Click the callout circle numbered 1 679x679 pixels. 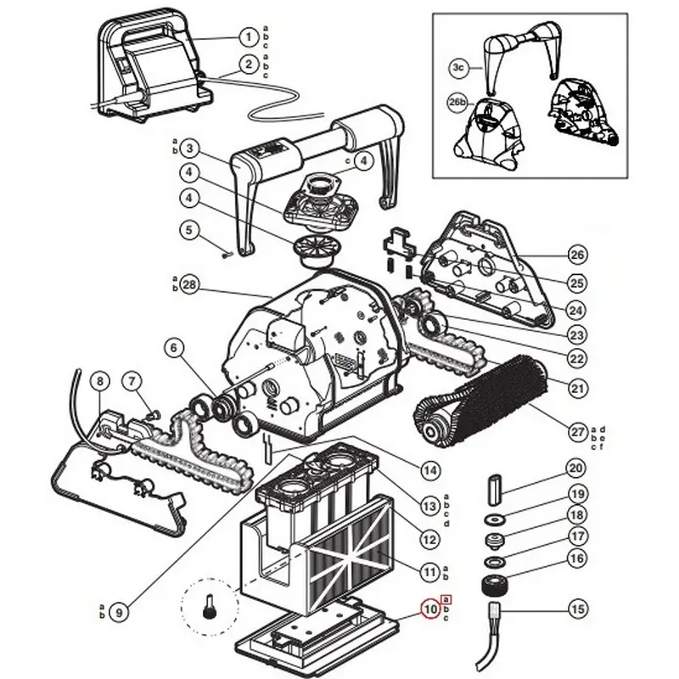[x=247, y=36]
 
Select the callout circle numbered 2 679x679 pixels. [x=247, y=64]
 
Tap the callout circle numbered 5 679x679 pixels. [x=189, y=229]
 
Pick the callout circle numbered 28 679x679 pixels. [x=189, y=286]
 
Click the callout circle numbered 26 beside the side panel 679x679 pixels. [x=577, y=255]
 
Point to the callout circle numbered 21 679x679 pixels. [x=577, y=389]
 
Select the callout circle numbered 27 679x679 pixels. [x=577, y=431]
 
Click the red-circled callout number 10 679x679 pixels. [x=430, y=609]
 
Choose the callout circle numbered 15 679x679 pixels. [x=577, y=609]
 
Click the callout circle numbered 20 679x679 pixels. [x=577, y=469]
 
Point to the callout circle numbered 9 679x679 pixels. [x=119, y=609]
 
